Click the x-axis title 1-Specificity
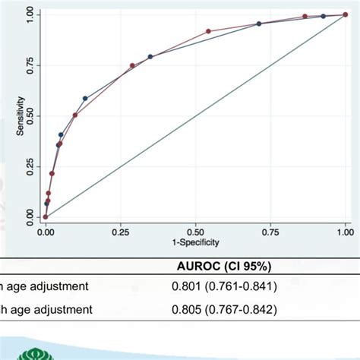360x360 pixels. [195, 242]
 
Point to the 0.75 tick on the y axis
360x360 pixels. [30, 65]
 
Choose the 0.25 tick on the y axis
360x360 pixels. [30, 166]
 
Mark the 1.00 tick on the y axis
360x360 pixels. [30, 15]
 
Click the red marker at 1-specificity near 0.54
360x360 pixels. [208, 31]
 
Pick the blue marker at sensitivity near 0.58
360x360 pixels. [85, 99]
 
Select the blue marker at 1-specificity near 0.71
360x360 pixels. [259, 24]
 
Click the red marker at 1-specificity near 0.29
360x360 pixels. [132, 65]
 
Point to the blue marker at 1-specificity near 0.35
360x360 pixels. [150, 56]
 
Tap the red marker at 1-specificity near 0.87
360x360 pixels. [305, 16]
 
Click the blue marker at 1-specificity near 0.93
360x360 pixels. [323, 16]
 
